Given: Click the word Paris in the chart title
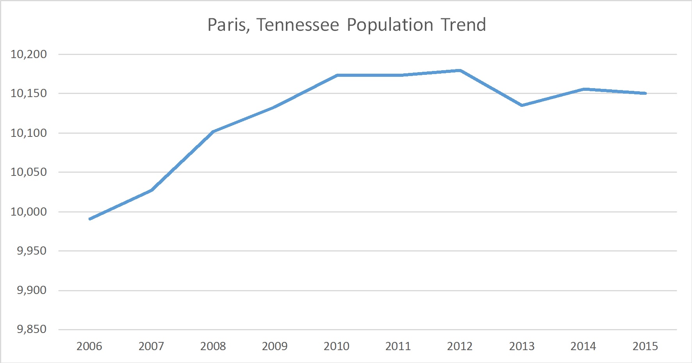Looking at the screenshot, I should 227,25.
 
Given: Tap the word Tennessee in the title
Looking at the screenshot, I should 298,25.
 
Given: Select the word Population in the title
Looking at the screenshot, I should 390,25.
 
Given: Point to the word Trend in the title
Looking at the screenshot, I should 464,25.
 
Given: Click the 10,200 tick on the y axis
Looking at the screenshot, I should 29,54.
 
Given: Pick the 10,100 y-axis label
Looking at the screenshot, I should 29,133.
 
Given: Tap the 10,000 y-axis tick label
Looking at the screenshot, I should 29,212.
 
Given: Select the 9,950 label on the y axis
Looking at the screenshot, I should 32,251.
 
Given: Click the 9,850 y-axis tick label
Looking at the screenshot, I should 32,329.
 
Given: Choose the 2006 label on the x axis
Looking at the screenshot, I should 89,346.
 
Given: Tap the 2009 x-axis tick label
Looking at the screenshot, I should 275,346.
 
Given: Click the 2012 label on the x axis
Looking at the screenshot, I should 460,346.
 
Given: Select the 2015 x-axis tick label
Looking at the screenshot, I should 645,346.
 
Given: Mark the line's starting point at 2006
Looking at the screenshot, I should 90,219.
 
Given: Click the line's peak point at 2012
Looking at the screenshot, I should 460,71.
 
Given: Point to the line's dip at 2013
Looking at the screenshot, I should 522,105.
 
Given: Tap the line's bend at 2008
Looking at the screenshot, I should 213,132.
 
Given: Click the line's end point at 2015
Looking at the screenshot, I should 646,93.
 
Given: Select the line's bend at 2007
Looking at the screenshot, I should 152,190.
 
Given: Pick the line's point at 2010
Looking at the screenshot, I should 337,75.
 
